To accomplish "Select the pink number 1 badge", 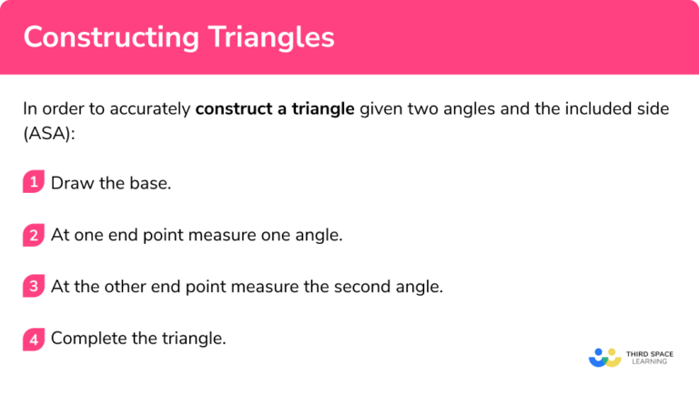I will click(x=34, y=182).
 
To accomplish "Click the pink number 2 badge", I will click(x=34, y=235).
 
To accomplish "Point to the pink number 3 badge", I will click(x=34, y=287).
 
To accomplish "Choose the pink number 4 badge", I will click(x=34, y=339).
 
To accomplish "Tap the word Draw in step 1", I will click(x=70, y=183).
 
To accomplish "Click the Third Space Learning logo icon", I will click(x=604, y=357).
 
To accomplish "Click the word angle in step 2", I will click(x=320, y=235).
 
